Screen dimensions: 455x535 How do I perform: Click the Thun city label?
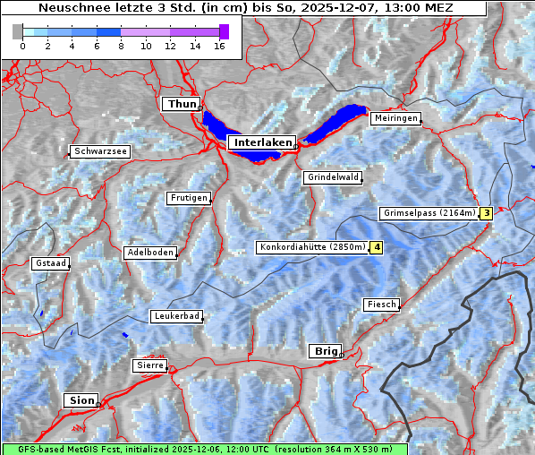pos(182,105)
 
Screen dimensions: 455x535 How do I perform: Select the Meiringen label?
pos(395,118)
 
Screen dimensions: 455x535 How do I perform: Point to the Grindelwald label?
pos(333,177)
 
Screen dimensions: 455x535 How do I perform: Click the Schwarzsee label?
pos(100,151)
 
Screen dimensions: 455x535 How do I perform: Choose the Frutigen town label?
pos(188,198)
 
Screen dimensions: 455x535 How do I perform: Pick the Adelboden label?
pos(149,253)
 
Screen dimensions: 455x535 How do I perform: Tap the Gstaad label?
pos(51,263)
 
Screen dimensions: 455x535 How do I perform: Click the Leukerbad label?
pos(176,316)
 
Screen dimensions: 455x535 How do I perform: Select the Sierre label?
pos(149,365)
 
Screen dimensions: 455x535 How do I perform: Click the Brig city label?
pos(324,351)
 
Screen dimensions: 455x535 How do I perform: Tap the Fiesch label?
pos(380,305)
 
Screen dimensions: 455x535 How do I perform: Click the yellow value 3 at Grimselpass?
pos(486,213)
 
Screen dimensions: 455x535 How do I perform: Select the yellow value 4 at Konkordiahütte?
pos(378,247)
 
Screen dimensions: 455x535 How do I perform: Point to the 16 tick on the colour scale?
pos(218,45)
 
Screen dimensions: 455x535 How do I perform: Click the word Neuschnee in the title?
pos(69,8)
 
